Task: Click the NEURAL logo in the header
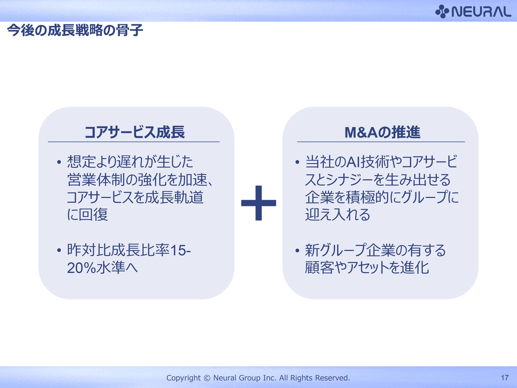click(473, 11)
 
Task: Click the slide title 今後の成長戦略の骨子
click(75, 30)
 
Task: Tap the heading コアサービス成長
click(135, 132)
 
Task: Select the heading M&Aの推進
click(382, 132)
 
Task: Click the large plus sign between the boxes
click(258, 203)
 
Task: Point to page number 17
click(504, 377)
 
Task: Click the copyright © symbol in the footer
click(207, 378)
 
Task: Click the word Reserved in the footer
click(332, 377)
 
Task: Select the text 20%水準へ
click(102, 268)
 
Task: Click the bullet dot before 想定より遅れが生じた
click(59, 162)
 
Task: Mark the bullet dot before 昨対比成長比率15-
click(59, 250)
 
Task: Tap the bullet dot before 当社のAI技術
click(297, 162)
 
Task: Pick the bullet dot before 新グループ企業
click(297, 250)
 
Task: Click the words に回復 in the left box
click(88, 214)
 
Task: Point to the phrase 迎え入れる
click(338, 214)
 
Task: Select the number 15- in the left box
click(180, 250)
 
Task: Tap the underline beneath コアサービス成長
click(134, 142)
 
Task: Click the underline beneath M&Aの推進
click(381, 142)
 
